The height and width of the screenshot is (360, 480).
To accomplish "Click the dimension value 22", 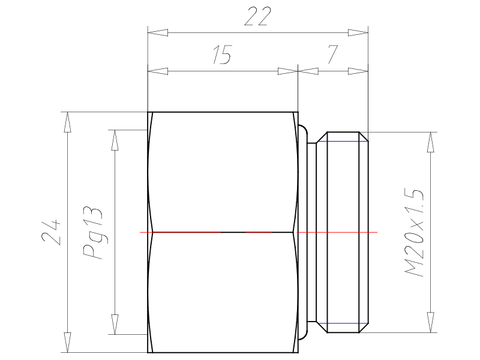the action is tap(258, 16).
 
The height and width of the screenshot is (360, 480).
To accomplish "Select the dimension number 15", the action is tap(223, 55).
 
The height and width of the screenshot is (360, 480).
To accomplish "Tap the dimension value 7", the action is tap(333, 55).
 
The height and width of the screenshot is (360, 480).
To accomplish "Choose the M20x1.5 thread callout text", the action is tap(414, 233).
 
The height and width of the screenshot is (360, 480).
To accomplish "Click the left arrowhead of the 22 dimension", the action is tap(158, 32).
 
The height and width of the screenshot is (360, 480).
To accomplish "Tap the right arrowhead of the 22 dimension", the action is tap(358, 32).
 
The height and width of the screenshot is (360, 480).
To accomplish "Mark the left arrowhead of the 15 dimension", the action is tap(158, 71).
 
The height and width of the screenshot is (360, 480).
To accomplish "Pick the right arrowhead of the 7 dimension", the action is tap(358, 71).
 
